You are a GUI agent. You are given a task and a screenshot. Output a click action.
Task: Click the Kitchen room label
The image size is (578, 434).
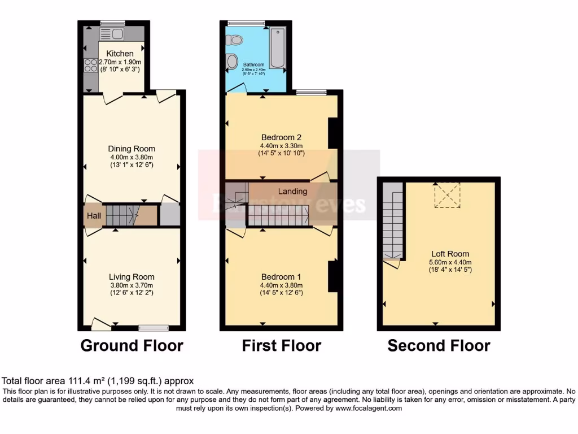coord(120,54)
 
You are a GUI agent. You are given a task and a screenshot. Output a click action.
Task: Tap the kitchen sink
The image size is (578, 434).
coord(112,34)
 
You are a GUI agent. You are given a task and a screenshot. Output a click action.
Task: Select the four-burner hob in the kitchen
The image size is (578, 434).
coord(90,66)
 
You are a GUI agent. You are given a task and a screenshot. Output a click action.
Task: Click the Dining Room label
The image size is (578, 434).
coord(133,149)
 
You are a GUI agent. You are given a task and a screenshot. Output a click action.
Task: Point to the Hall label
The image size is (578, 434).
coord(94,216)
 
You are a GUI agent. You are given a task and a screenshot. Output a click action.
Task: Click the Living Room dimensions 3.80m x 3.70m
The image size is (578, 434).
coord(132,285)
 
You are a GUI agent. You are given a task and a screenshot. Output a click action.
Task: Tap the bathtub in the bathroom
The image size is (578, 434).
coord(277,47)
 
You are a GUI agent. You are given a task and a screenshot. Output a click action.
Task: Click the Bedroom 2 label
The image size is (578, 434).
coord(281,137)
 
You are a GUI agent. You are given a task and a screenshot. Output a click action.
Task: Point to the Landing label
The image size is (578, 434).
coord(293,191)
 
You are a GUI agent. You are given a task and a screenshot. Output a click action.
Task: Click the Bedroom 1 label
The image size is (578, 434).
coord(281,277)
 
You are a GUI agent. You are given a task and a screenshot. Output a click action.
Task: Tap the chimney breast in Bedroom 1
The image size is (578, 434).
coord(333,276)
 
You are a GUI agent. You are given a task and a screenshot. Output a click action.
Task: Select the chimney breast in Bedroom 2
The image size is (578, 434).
coord(333,133)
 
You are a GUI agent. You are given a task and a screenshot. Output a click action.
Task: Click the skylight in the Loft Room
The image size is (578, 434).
coord(446,194)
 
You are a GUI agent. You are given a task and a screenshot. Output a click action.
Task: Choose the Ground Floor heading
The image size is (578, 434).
coord(132,345)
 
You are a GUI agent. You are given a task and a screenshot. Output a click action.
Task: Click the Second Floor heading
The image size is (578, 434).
coord(439,345)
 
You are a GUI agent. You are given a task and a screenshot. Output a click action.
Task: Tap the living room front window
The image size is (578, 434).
coord(154,327)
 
